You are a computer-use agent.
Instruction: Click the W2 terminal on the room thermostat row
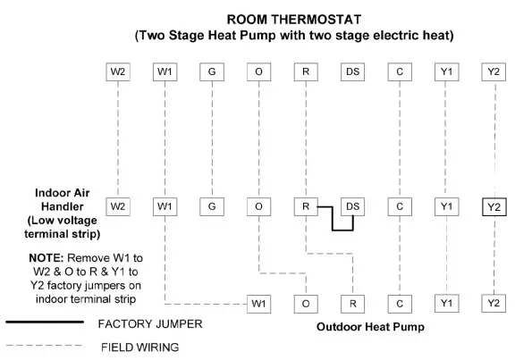118,71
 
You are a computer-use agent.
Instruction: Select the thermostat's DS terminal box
353,71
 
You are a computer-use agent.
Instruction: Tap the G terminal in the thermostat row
212,71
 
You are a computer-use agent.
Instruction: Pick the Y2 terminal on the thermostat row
493,71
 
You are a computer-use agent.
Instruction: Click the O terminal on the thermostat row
258,71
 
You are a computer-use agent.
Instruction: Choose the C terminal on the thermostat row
400,71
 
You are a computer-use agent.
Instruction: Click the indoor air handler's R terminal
306,206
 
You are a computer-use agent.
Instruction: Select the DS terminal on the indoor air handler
353,206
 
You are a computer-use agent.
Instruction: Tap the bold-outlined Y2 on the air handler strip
493,207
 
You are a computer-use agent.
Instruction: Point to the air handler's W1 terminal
165,206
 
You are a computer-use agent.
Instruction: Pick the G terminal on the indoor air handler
212,206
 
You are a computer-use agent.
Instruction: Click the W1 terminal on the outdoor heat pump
258,304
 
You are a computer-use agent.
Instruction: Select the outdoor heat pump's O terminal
306,304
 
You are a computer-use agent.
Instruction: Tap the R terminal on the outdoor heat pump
353,304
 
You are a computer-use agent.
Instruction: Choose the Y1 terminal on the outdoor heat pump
446,304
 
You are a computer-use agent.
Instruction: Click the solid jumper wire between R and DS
333,220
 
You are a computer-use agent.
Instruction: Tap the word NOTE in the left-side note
45,256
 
